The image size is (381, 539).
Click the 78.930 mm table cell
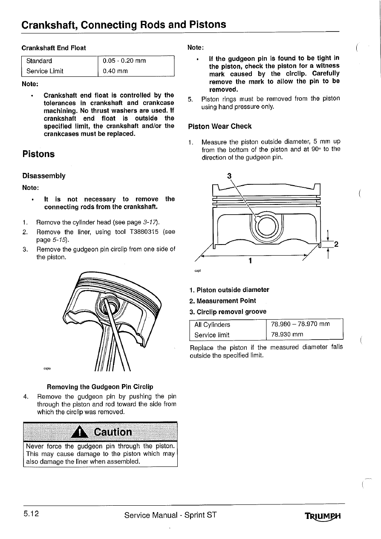[x=287, y=335]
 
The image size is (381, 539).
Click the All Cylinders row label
[x=212, y=324]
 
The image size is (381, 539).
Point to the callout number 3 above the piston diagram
[x=229, y=176]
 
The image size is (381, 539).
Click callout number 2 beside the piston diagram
[x=337, y=245]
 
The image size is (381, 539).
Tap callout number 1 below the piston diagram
[x=251, y=260]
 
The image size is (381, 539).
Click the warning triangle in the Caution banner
[x=79, y=433]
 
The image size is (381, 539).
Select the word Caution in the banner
[x=113, y=432]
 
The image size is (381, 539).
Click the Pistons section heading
[x=38, y=154]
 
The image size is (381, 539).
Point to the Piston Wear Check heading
[x=219, y=126]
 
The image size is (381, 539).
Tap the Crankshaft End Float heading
[x=54, y=48]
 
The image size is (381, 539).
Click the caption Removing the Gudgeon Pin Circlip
[x=100, y=387]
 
